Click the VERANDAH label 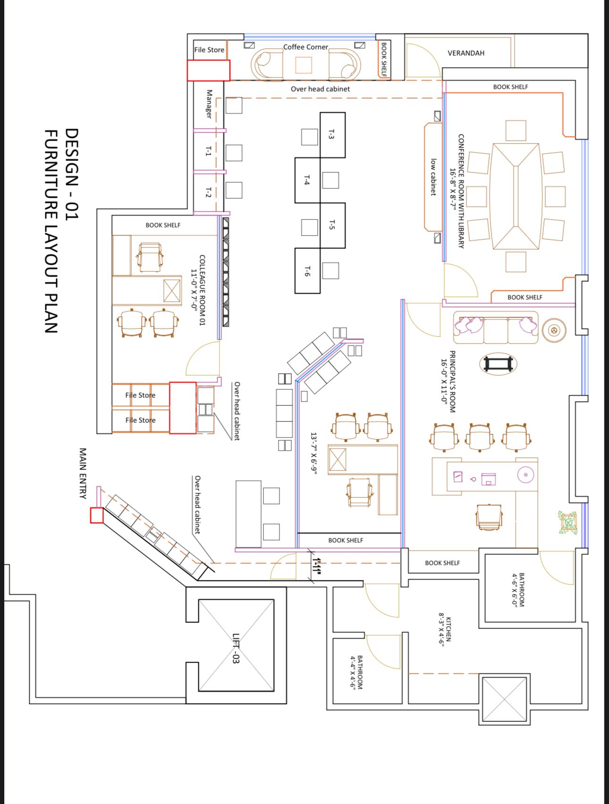pos(466,53)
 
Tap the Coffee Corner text pos(305,47)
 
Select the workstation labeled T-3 pos(332,135)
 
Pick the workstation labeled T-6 pos(307,271)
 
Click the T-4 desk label pos(307,180)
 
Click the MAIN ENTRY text pos(83,473)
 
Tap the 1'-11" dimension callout pos(317,566)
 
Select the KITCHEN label pos(445,630)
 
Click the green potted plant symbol pos(568,522)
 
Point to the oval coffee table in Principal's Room pos(498,364)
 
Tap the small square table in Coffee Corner pos(304,65)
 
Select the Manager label pos(209,104)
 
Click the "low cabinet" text pos(433,177)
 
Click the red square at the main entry pos(97,515)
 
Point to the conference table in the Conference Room pos(516,196)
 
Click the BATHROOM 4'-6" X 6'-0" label pos(518,589)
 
